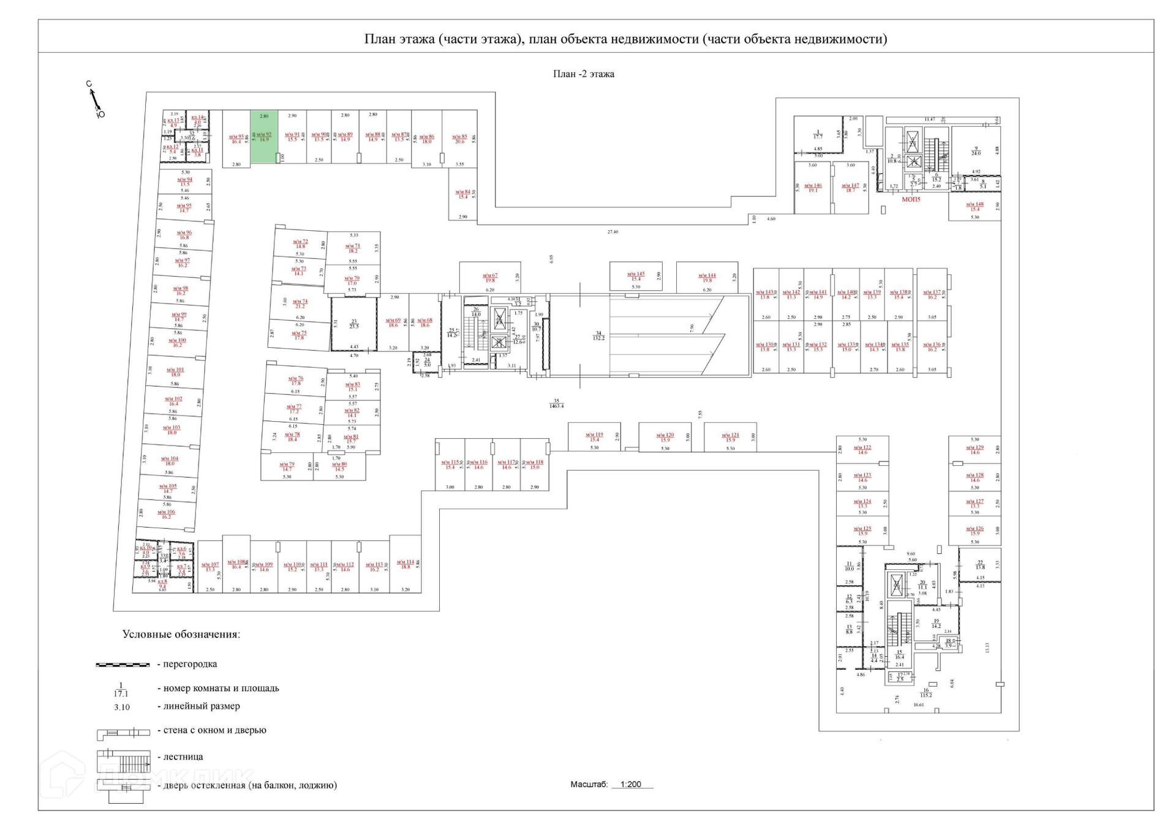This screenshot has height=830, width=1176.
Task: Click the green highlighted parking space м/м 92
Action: click(x=264, y=137)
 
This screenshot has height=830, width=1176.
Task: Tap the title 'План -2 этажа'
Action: click(x=583, y=74)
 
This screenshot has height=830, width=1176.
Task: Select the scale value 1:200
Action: click(x=630, y=784)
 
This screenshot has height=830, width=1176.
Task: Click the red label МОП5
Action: click(x=910, y=200)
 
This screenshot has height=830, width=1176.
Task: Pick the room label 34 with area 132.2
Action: click(x=598, y=335)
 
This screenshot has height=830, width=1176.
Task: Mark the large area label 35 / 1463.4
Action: click(x=556, y=403)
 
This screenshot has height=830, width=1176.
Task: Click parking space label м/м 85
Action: click(x=459, y=139)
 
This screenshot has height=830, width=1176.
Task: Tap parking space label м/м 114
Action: click(x=405, y=564)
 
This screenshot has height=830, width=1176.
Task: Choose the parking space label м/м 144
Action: click(x=707, y=278)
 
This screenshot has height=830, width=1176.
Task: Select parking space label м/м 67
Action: click(x=490, y=278)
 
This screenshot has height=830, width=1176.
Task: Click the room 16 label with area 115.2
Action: click(x=925, y=692)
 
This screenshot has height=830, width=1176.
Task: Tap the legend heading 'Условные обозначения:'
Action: click(x=181, y=634)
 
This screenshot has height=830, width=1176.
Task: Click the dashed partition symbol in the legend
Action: click(x=123, y=664)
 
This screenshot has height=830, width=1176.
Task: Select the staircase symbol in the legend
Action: click(x=123, y=761)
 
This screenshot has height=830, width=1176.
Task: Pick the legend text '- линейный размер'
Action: click(x=198, y=706)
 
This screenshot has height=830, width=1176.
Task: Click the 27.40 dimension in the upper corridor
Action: click(x=612, y=232)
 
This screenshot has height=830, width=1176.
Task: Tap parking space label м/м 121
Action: click(x=730, y=438)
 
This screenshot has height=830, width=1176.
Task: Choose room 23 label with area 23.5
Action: click(x=354, y=324)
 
